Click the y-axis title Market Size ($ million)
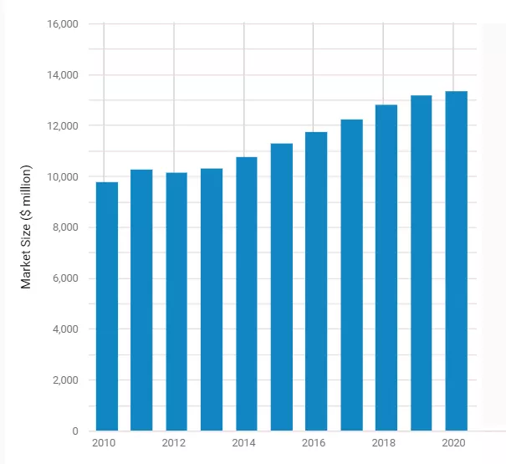click(x=26, y=227)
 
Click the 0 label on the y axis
click(x=74, y=431)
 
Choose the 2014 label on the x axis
click(x=244, y=443)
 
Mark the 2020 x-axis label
click(x=453, y=443)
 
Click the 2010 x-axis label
click(x=105, y=443)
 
